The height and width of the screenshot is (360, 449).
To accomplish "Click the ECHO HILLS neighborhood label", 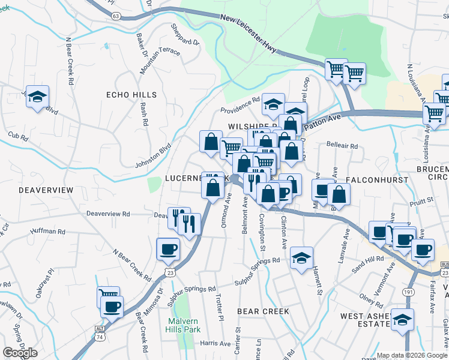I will [x=131, y=95].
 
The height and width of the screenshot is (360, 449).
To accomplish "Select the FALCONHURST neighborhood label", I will [x=376, y=179].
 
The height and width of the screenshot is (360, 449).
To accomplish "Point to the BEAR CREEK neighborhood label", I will [x=263, y=311].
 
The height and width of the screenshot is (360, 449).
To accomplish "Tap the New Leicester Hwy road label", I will [x=248, y=35].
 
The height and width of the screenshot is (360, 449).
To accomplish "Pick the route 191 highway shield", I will [x=408, y=291].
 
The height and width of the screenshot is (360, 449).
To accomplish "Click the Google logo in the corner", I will [x=20, y=353].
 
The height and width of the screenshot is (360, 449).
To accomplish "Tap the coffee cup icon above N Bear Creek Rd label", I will [x=168, y=249].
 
